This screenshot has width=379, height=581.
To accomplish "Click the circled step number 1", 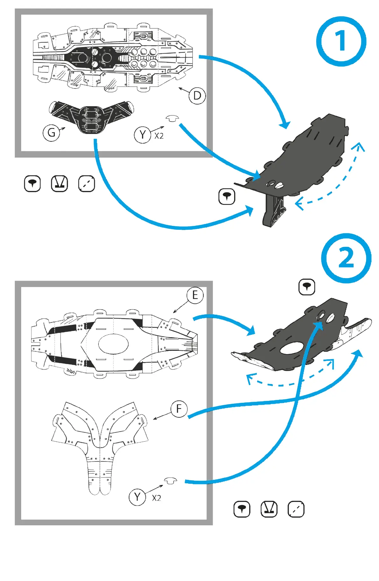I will (x=341, y=41).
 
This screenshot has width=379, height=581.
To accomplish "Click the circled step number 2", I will (x=346, y=258).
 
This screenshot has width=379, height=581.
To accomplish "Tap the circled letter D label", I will (x=197, y=95).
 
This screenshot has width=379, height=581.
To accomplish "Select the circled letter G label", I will (x=51, y=132).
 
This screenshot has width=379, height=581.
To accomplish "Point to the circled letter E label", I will (x=195, y=295).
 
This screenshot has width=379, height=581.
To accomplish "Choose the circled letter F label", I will (x=179, y=409).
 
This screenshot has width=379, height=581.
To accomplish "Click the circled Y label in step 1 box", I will (x=142, y=135).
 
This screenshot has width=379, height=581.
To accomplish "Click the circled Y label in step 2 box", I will (x=137, y=497).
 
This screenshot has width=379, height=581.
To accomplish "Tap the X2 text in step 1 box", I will (x=159, y=136).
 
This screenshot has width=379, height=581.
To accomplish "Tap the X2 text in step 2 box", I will (x=156, y=498).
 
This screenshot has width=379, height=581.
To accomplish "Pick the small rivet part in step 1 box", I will (x=172, y=119).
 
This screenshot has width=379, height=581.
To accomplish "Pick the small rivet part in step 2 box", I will (x=171, y=480).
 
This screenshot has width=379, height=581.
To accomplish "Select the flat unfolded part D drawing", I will (x=113, y=57).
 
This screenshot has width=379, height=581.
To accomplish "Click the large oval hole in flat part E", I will (x=113, y=344).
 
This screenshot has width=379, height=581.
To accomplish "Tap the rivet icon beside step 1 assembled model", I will (x=227, y=196).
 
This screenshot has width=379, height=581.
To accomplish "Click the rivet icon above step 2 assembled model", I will (x=307, y=287).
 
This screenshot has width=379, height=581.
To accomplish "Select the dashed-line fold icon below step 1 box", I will (x=87, y=184).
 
